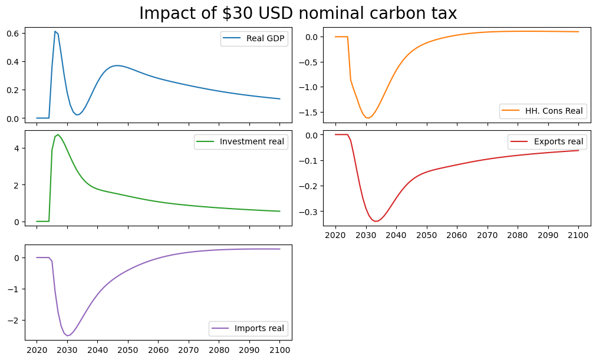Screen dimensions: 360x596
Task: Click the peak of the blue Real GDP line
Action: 55,31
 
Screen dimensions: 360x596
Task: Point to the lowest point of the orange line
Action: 368,118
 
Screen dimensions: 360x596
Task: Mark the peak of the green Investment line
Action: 58,135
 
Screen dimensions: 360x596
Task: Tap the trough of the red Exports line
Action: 376,221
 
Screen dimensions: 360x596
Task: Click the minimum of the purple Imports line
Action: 68,336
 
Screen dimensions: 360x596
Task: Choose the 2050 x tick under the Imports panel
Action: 128,350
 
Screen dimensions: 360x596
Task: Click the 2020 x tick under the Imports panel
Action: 37,350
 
